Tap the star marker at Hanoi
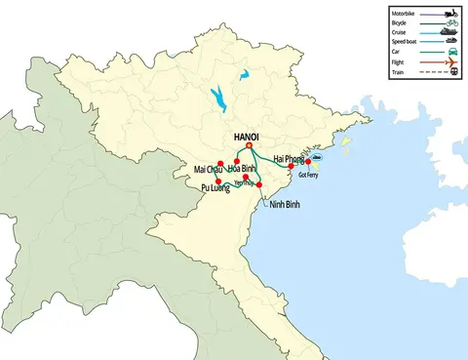(x=249, y=146)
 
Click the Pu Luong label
(x=214, y=187)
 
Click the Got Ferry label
(x=308, y=176)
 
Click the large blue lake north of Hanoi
(x=215, y=99)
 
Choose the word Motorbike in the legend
(x=402, y=13)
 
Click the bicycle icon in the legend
(x=449, y=22)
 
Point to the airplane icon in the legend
(x=449, y=60)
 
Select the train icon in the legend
(x=449, y=70)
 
